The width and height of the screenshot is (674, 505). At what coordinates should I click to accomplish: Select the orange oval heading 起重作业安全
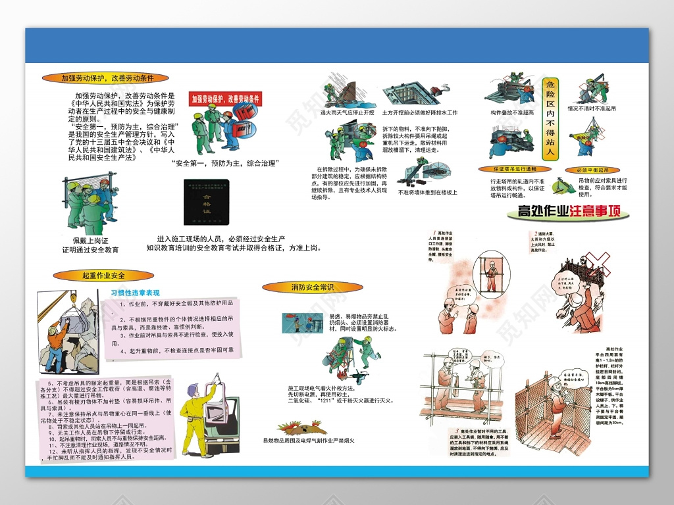(103, 276)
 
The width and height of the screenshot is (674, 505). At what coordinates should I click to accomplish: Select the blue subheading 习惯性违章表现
(135, 292)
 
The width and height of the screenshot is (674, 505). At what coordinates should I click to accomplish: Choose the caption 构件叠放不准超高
(511, 112)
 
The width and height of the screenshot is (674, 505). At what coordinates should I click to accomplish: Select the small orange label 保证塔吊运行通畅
(513, 169)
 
